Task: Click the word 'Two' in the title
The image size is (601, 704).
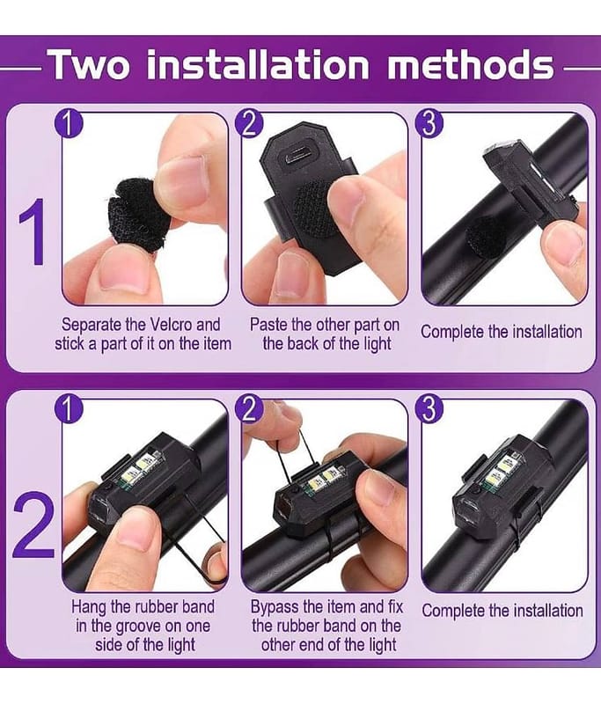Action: [x=91, y=64]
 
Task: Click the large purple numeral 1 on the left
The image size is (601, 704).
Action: [x=33, y=231]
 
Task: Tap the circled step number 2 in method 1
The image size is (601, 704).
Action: [x=249, y=124]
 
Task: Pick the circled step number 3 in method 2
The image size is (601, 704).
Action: [x=429, y=410]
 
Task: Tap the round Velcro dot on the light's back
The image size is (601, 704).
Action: [x=313, y=209]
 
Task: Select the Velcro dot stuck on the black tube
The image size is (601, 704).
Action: [x=483, y=237]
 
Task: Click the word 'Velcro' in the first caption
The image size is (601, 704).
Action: [x=172, y=325]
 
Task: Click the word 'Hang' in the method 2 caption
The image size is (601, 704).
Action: [x=89, y=607]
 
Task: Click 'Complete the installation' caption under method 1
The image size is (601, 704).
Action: [x=502, y=332]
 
